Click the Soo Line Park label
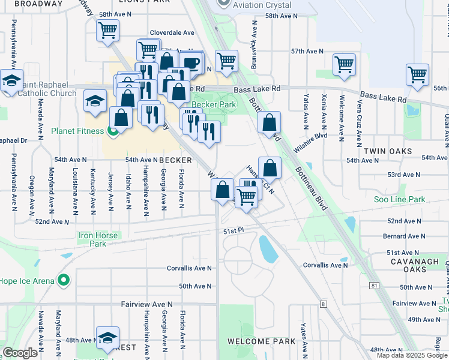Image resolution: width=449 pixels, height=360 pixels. pos(400,199)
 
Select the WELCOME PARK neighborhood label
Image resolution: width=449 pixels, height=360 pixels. pos(261,341)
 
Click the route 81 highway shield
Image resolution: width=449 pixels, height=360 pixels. pos(374,284)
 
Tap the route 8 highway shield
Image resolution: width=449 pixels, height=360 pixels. pos(324,304)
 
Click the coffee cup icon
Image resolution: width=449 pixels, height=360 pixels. pos(191,62)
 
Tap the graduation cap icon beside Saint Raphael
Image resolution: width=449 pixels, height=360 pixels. pos(11,80)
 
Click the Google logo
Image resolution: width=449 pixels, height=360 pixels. pos(20,353)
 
